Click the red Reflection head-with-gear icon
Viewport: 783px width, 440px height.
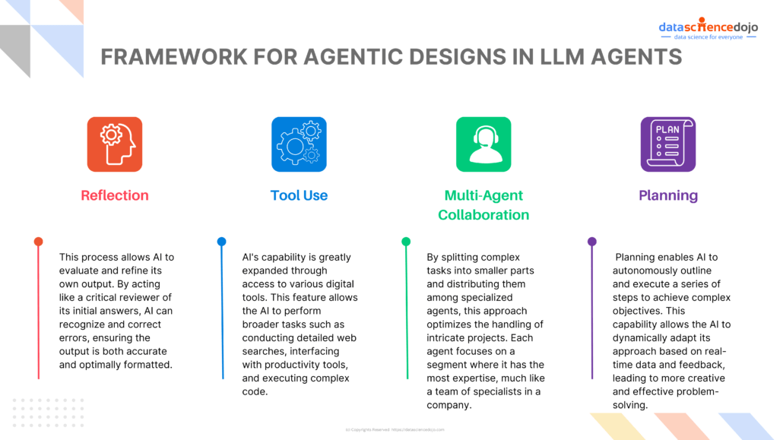pos(115,144)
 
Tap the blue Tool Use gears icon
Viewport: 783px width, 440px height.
pos(299,144)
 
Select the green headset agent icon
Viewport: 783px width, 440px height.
pos(483,144)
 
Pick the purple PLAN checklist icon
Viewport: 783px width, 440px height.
pos(667,144)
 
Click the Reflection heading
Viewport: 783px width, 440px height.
pos(115,195)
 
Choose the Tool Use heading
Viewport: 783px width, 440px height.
pos(299,195)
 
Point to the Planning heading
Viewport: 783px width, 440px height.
pos(667,195)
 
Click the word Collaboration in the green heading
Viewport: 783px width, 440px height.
pos(483,215)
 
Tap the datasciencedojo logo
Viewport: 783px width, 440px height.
pos(708,28)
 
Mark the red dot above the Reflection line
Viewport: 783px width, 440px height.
pos(38,242)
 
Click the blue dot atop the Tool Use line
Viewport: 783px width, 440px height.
pos(222,242)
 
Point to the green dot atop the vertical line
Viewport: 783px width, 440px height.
pos(406,242)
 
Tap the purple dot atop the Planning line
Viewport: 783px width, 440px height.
pos(591,242)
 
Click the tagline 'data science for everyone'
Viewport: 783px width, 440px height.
pos(709,37)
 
